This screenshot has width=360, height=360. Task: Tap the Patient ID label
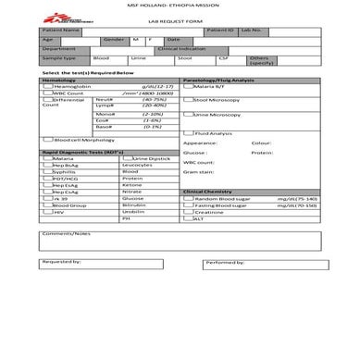pos(219,31)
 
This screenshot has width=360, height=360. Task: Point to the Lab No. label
pos(252,31)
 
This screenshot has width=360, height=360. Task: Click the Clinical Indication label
pos(208,48)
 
